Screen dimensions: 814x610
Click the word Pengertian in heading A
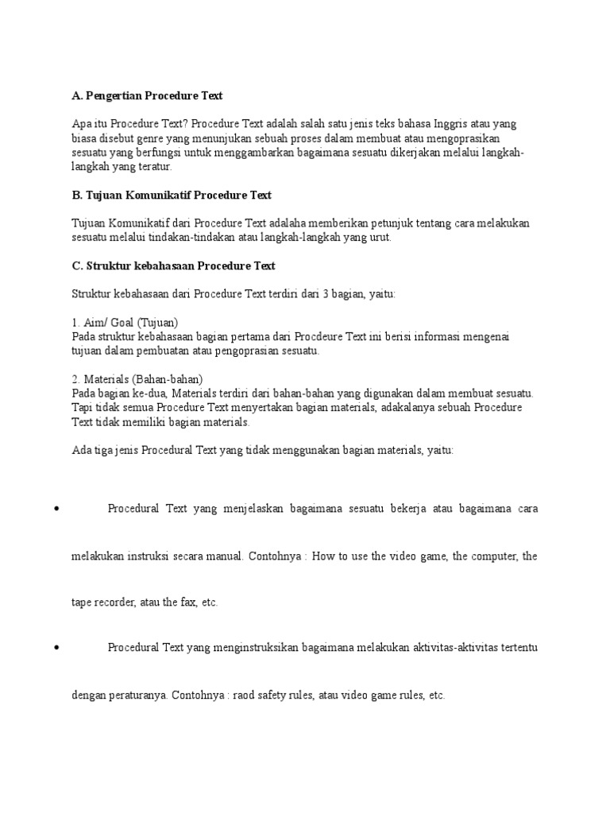[116, 96]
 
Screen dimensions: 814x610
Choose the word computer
[490, 556]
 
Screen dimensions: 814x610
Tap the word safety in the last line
[276, 696]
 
